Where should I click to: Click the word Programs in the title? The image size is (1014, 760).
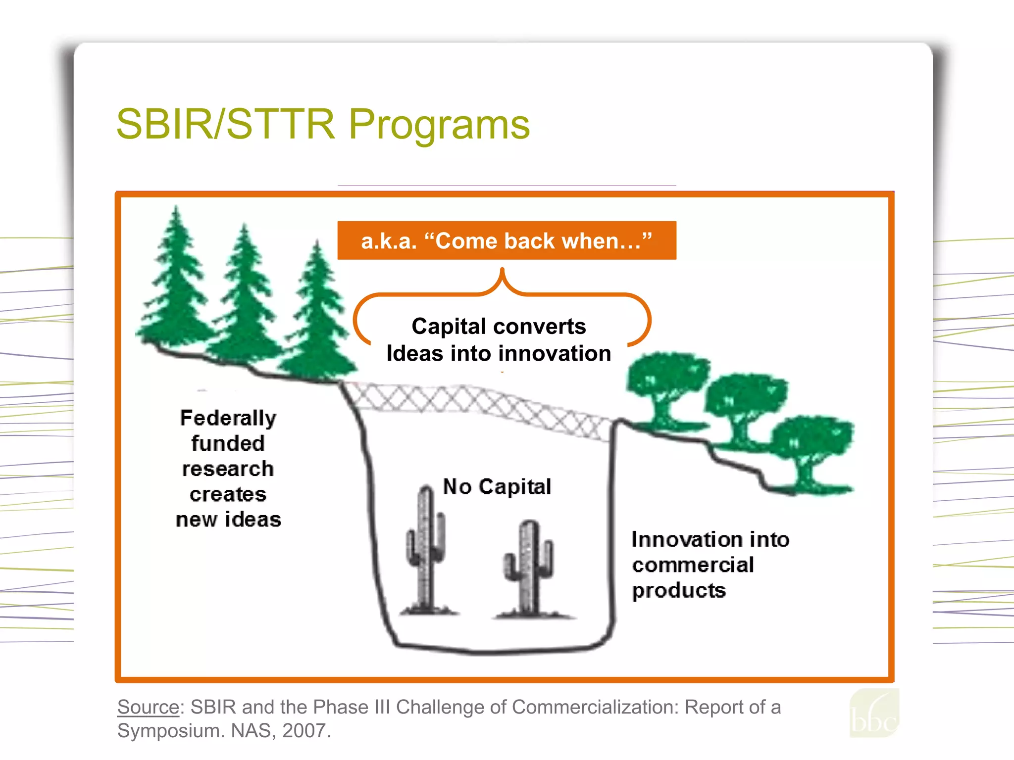(x=439, y=125)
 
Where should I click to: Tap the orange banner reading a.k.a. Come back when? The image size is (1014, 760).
(x=507, y=241)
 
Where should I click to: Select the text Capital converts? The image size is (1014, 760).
(x=499, y=327)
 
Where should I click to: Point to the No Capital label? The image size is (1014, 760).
(x=497, y=487)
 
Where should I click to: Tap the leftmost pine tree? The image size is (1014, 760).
(x=176, y=282)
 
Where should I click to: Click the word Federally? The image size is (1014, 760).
(x=228, y=419)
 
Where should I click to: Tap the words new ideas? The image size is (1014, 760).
(x=228, y=520)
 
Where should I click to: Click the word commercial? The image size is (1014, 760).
(x=693, y=565)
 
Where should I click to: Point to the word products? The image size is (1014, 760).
(x=679, y=591)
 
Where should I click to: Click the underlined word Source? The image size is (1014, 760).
(x=148, y=707)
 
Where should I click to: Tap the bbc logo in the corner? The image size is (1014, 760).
(x=874, y=715)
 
